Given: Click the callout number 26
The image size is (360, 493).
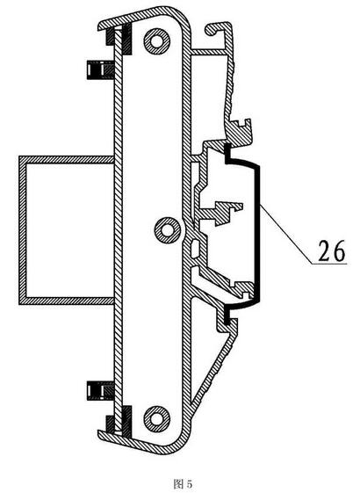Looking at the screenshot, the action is click(x=331, y=250).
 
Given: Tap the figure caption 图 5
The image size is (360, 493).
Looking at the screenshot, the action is click(x=184, y=483).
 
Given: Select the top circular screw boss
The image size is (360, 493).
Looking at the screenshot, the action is click(x=157, y=41).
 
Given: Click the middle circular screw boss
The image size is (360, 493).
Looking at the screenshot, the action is click(x=168, y=230).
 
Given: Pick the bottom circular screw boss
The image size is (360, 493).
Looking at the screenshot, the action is click(x=157, y=418).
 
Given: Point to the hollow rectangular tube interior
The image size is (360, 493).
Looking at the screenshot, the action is click(x=69, y=230).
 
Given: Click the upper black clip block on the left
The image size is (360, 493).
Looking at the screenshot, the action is click(x=100, y=69).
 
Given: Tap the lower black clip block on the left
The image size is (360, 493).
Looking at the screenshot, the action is click(x=100, y=391).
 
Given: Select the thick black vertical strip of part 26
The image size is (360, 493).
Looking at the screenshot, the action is click(x=258, y=233).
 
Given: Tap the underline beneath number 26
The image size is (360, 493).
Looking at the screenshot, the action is click(x=330, y=264).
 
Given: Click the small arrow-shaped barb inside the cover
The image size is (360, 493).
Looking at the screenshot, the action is click(x=228, y=212).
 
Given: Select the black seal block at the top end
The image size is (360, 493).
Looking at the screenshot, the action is click(x=126, y=39).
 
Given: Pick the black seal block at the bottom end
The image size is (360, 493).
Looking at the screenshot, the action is click(x=126, y=421).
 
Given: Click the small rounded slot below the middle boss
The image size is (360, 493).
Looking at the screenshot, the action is click(x=196, y=248).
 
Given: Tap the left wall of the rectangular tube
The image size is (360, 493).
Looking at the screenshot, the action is click(x=23, y=230).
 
